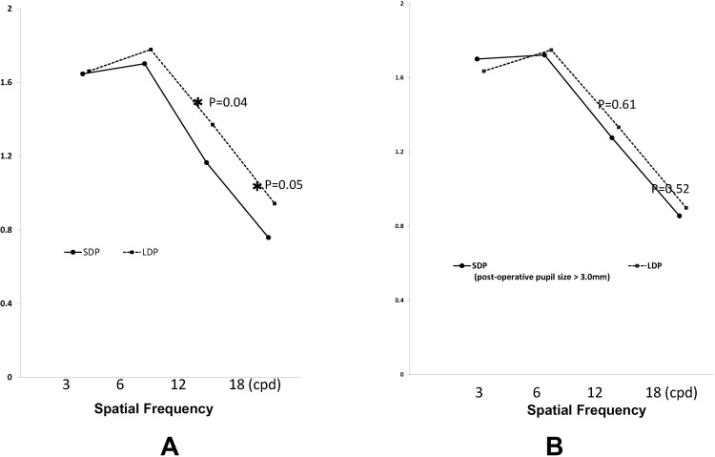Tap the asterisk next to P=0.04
pyautogui.click(x=198, y=102)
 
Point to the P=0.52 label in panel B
pyautogui.click(x=670, y=189)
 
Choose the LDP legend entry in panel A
pyautogui.click(x=142, y=252)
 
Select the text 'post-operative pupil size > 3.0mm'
pyautogui.click(x=529, y=277)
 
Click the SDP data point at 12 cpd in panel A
pyautogui.click(x=206, y=162)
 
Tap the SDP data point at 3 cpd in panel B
pyautogui.click(x=477, y=58)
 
